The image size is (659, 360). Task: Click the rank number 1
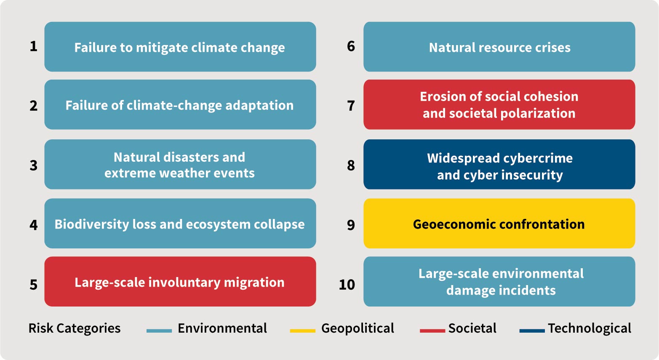(x=34, y=46)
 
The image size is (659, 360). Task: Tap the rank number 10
(x=347, y=285)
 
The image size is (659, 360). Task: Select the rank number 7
(x=351, y=106)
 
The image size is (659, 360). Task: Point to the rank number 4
(x=34, y=225)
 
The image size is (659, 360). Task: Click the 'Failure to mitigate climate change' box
(x=180, y=46)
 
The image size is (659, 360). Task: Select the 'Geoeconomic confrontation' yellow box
(x=499, y=223)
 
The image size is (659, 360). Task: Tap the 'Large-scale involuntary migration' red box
(x=180, y=281)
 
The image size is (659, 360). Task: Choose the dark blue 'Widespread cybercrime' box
(x=499, y=164)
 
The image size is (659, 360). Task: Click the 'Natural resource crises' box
(x=499, y=46)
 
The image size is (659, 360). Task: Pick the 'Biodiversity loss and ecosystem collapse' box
(x=180, y=223)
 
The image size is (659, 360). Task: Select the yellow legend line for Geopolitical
(x=302, y=331)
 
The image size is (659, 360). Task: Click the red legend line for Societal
(x=432, y=331)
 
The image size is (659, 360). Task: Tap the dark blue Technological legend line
(x=532, y=331)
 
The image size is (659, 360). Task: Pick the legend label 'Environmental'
(x=222, y=328)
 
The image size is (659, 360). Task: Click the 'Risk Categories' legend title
(x=75, y=328)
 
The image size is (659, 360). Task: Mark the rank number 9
(x=351, y=225)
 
